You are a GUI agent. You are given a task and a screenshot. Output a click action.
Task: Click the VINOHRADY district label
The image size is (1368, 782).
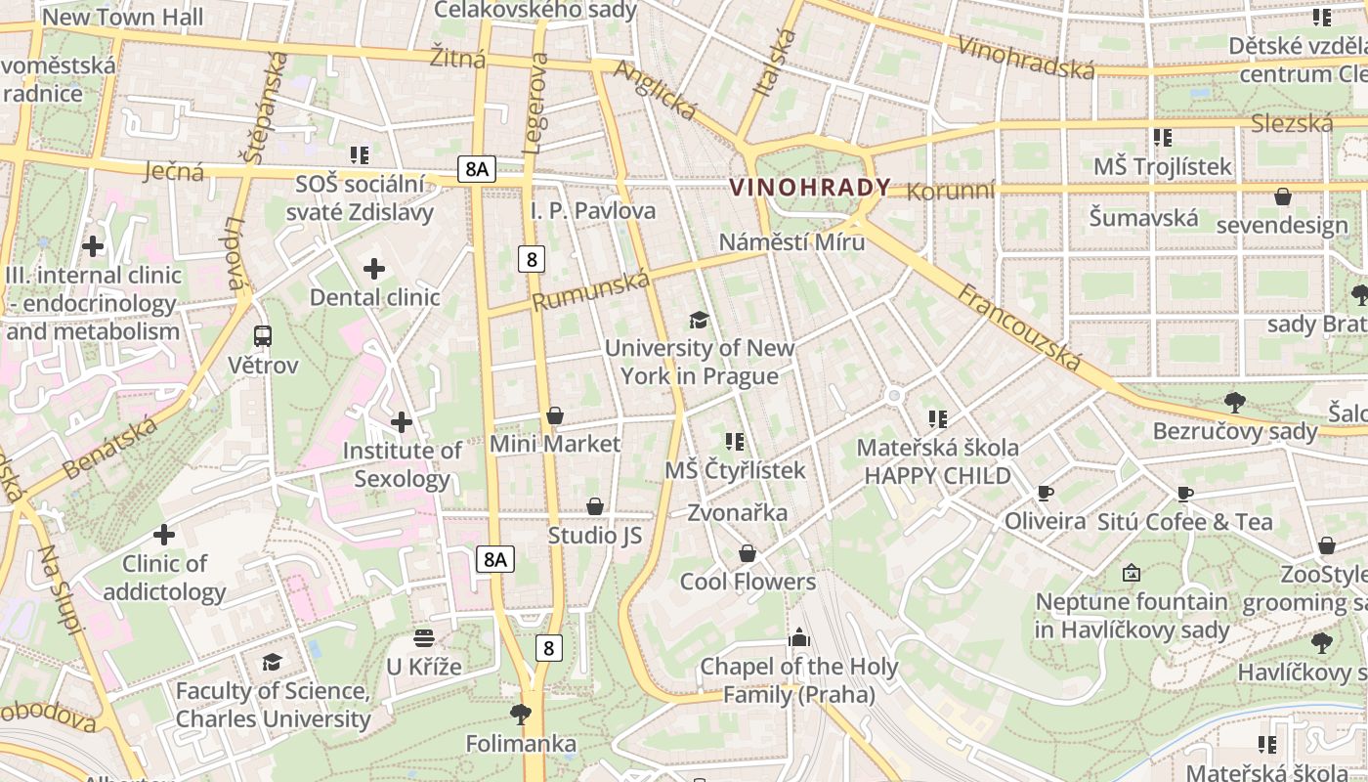810,188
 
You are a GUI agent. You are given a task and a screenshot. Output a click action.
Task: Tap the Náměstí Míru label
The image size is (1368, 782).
791,241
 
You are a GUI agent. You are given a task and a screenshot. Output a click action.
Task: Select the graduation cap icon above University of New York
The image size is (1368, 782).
699,320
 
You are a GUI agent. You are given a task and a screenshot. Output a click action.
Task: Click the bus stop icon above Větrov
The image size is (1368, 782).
263,336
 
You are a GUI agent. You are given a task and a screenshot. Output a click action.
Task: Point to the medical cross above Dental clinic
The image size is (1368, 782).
374,269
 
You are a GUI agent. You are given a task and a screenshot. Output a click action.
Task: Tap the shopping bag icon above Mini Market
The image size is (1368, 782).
555,415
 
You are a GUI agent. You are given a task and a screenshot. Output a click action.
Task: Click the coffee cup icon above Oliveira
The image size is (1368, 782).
1045,493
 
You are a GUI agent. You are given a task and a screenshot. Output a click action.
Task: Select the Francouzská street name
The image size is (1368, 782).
1020,327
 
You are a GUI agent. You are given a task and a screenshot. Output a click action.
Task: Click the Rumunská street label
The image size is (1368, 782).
591,291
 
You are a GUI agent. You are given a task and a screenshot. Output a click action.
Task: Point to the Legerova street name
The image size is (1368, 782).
536,104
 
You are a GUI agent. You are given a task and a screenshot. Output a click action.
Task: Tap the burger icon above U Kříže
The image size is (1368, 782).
423,638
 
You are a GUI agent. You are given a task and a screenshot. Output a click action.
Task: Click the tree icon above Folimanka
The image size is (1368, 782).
521,715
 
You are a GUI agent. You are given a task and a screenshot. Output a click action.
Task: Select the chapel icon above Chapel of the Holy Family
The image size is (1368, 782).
799,638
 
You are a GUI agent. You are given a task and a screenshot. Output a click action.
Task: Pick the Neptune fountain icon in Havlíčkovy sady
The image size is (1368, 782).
1132,573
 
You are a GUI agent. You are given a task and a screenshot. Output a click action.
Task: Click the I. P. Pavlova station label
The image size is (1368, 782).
593,211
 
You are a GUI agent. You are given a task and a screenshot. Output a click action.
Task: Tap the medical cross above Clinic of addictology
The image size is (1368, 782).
164,535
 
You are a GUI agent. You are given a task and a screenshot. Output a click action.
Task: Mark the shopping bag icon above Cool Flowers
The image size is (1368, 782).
748,553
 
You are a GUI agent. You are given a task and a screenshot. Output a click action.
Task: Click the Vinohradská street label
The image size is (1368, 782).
1026,58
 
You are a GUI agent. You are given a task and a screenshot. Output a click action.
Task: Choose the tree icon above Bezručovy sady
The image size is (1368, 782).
1235,402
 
